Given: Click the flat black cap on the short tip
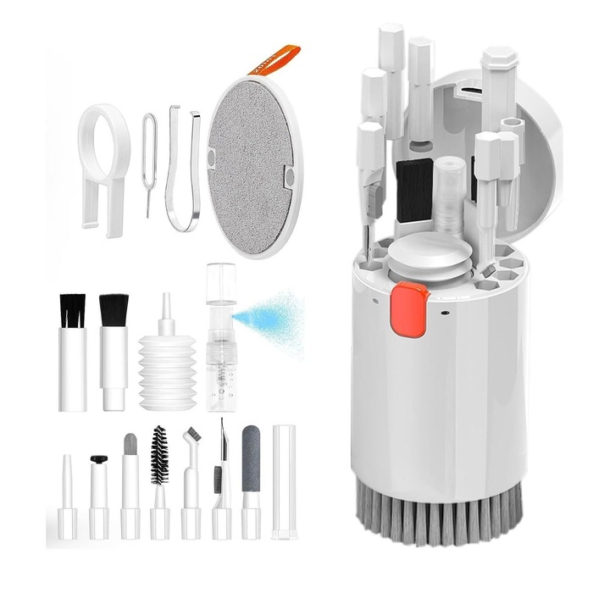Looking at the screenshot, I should tap(99, 460).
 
